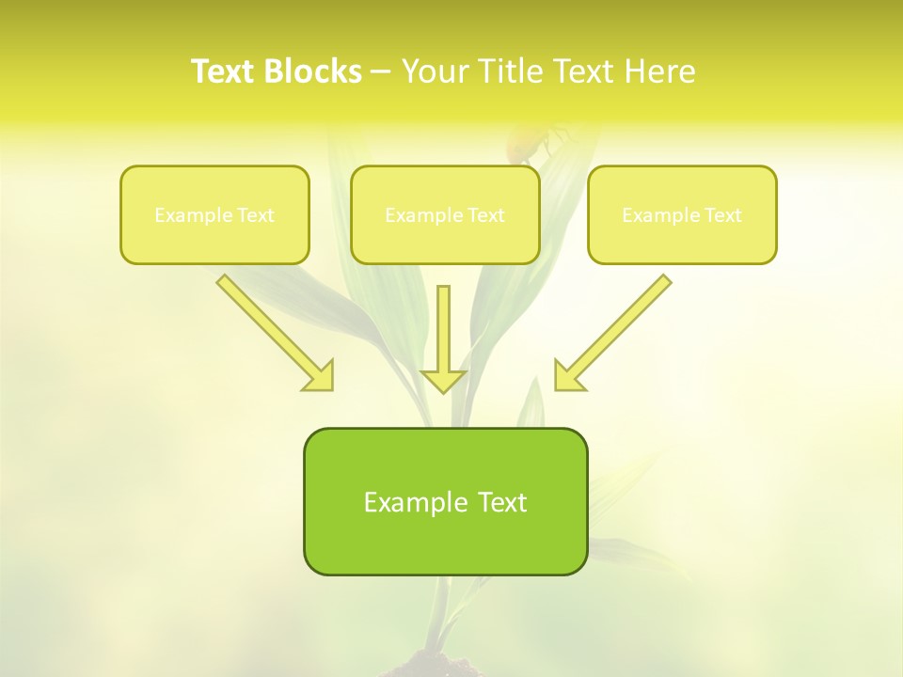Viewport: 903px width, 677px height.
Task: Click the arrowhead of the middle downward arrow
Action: click(443, 380)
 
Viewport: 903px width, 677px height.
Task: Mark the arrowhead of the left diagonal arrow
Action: click(321, 377)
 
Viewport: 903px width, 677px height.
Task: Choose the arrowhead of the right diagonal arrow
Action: click(567, 377)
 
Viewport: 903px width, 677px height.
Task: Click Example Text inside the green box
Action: click(445, 502)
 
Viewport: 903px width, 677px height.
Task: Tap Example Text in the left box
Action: click(214, 215)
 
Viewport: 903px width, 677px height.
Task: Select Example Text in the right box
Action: click(682, 215)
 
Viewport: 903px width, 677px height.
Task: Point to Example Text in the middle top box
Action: click(445, 215)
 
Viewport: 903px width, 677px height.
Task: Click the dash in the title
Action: click(381, 72)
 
